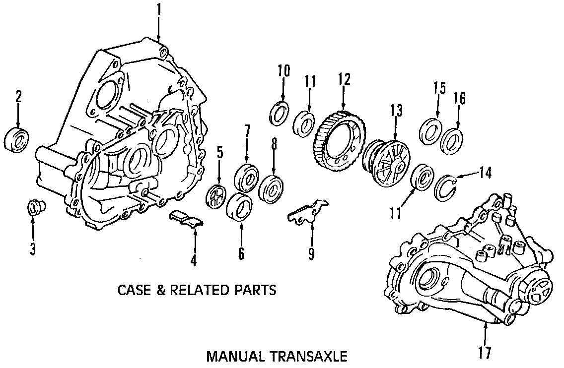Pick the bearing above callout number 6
240,204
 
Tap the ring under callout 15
430,130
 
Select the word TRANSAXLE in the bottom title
309,356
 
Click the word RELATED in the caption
199,290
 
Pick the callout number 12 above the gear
344,79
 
